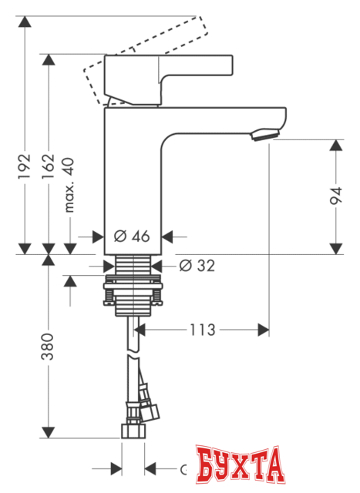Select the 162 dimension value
[48, 166]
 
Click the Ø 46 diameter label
[131, 236]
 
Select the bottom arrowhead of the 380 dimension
[48, 434]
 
